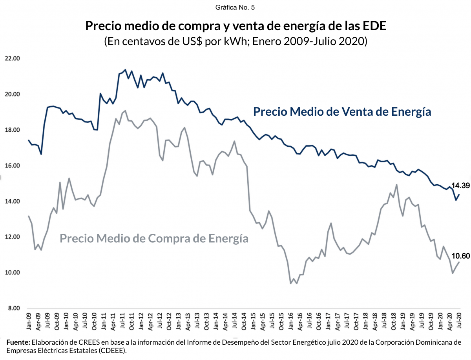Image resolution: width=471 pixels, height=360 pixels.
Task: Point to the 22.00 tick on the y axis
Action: click(12, 58)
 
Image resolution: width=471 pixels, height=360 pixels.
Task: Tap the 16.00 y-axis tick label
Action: click(12, 166)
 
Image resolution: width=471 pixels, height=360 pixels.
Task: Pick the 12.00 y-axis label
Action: click(12, 237)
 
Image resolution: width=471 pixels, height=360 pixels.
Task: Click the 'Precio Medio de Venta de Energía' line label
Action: click(342, 112)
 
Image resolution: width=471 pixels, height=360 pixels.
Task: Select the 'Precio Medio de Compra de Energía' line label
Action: click(154, 238)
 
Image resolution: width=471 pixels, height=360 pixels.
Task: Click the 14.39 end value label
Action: click(460, 185)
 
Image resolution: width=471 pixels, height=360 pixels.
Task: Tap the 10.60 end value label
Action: click(460, 256)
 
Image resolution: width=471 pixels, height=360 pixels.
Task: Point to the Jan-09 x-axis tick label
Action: click(29, 322)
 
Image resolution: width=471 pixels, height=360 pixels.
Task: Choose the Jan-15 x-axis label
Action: click(254, 322)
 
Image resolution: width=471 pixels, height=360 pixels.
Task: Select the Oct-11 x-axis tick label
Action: click(132, 322)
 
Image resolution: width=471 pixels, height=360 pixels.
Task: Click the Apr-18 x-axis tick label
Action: click(375, 322)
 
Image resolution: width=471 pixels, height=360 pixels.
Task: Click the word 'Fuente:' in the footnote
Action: click(18, 342)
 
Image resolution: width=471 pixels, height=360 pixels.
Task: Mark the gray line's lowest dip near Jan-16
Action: click(291, 283)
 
